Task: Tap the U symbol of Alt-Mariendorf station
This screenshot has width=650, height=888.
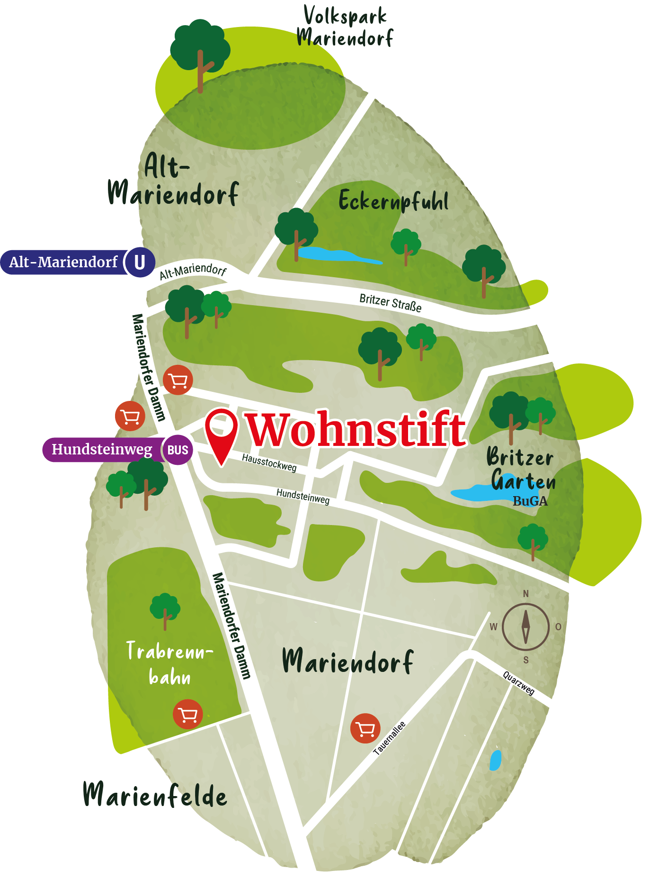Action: (x=140, y=262)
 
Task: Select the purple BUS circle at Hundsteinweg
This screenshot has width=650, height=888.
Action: (x=178, y=450)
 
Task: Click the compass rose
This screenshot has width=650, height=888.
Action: (x=525, y=626)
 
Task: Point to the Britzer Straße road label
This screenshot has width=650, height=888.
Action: (x=390, y=302)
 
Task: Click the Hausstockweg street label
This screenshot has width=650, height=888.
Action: (x=269, y=462)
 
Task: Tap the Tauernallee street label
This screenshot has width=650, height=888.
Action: (x=389, y=738)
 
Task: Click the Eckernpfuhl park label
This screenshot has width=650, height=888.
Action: (x=393, y=201)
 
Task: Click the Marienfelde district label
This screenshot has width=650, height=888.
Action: (x=155, y=795)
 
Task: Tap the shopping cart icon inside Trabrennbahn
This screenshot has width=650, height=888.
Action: (x=188, y=714)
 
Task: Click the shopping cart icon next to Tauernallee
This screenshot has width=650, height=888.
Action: (x=365, y=728)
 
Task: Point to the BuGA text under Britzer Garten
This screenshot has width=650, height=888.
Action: (x=530, y=501)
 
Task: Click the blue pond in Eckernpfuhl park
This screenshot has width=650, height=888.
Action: (x=331, y=255)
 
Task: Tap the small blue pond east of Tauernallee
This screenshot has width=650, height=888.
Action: (x=495, y=760)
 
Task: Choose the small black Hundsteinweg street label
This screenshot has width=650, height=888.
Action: (x=303, y=496)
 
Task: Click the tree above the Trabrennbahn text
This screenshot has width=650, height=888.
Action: (x=165, y=609)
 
